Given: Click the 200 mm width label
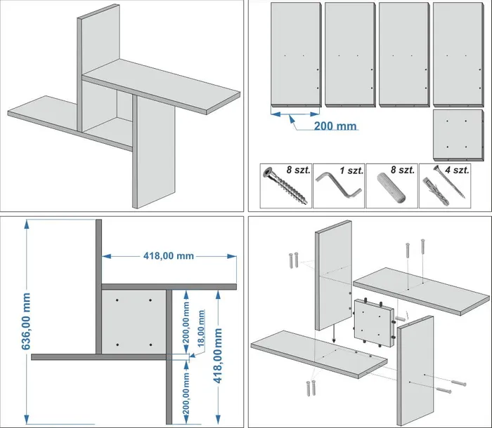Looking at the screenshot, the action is tap(335, 126).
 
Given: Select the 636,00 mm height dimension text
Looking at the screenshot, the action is tap(26, 321).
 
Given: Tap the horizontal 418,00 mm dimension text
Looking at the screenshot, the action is tap(169, 256).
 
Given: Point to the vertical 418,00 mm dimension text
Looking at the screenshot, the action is tap(217, 356).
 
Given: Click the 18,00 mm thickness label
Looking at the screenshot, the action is tap(201, 328).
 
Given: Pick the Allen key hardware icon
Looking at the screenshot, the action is tap(338, 187).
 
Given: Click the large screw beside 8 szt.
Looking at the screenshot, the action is tap(285, 185).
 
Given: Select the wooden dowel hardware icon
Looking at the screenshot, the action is tap(391, 187).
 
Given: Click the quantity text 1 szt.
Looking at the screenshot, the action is tap(351, 170).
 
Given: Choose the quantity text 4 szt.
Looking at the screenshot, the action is tap(457, 170).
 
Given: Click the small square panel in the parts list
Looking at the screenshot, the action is tap(458, 135).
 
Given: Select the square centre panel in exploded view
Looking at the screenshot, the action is tap(374, 323).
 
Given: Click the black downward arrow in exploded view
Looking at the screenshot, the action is tap(334, 334).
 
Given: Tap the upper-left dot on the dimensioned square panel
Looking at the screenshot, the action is tap(117, 300).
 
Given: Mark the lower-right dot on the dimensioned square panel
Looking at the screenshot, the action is tap(151, 345).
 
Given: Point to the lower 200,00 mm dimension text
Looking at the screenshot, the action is tap(186, 394).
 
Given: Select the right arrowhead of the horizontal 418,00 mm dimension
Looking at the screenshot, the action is tap(232, 256).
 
